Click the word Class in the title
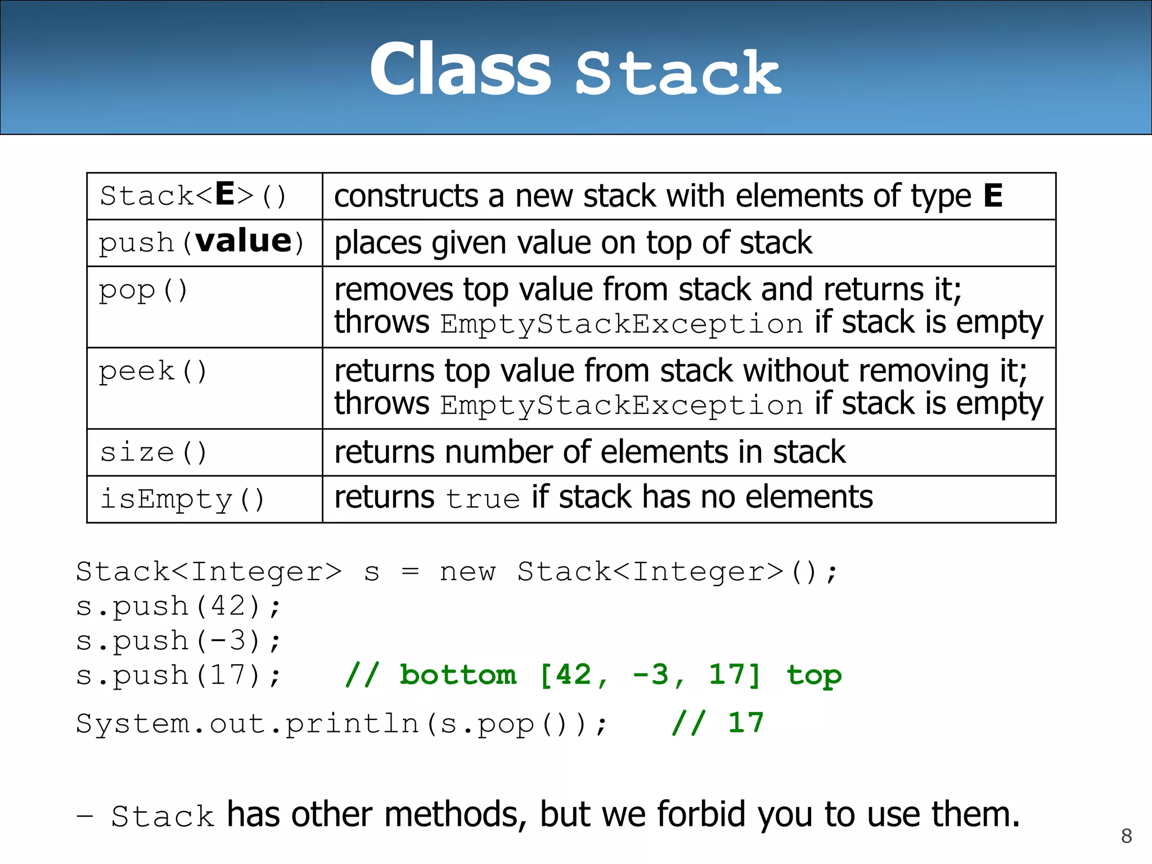[460, 70]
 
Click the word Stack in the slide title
[678, 73]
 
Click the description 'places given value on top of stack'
[573, 243]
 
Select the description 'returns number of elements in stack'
[589, 452]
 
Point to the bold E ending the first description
[993, 196]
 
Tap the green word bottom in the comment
[458, 675]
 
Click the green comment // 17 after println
[718, 723]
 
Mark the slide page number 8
[1126, 836]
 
